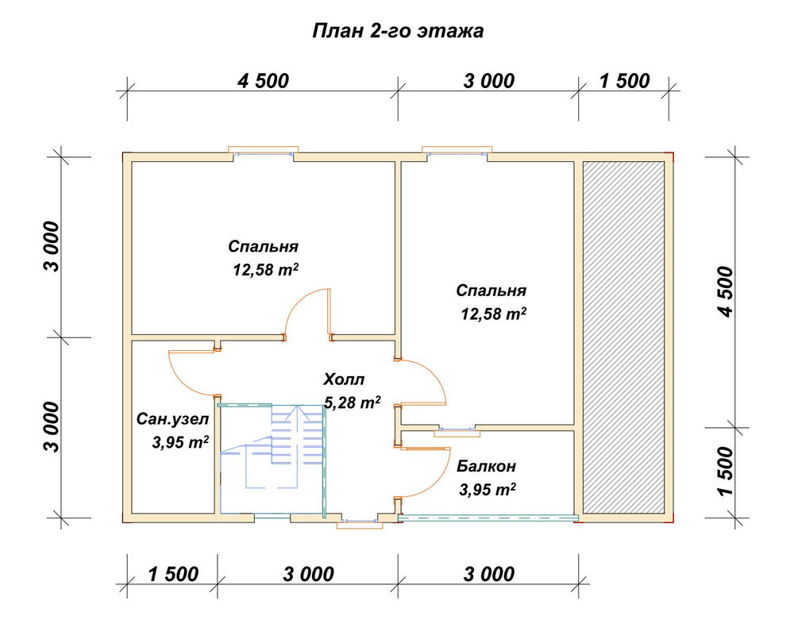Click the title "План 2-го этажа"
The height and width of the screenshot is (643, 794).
(398, 31)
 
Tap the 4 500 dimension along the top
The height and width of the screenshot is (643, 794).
(264, 81)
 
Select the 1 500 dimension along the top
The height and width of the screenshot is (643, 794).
(624, 81)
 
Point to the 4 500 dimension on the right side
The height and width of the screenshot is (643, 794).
(725, 291)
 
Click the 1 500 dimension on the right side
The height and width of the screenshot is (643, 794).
(725, 472)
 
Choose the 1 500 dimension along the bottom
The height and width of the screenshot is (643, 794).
(173, 574)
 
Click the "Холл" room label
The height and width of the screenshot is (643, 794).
(344, 379)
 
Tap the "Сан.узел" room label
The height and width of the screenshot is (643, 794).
(172, 420)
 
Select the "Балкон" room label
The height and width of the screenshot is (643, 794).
(486, 466)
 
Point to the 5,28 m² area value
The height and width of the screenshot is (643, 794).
(353, 402)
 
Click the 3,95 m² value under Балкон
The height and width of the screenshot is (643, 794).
(488, 490)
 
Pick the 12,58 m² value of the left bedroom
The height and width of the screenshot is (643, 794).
(265, 269)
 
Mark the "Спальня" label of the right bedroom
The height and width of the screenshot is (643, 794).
(491, 291)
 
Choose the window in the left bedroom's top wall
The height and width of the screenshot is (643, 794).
(264, 152)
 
